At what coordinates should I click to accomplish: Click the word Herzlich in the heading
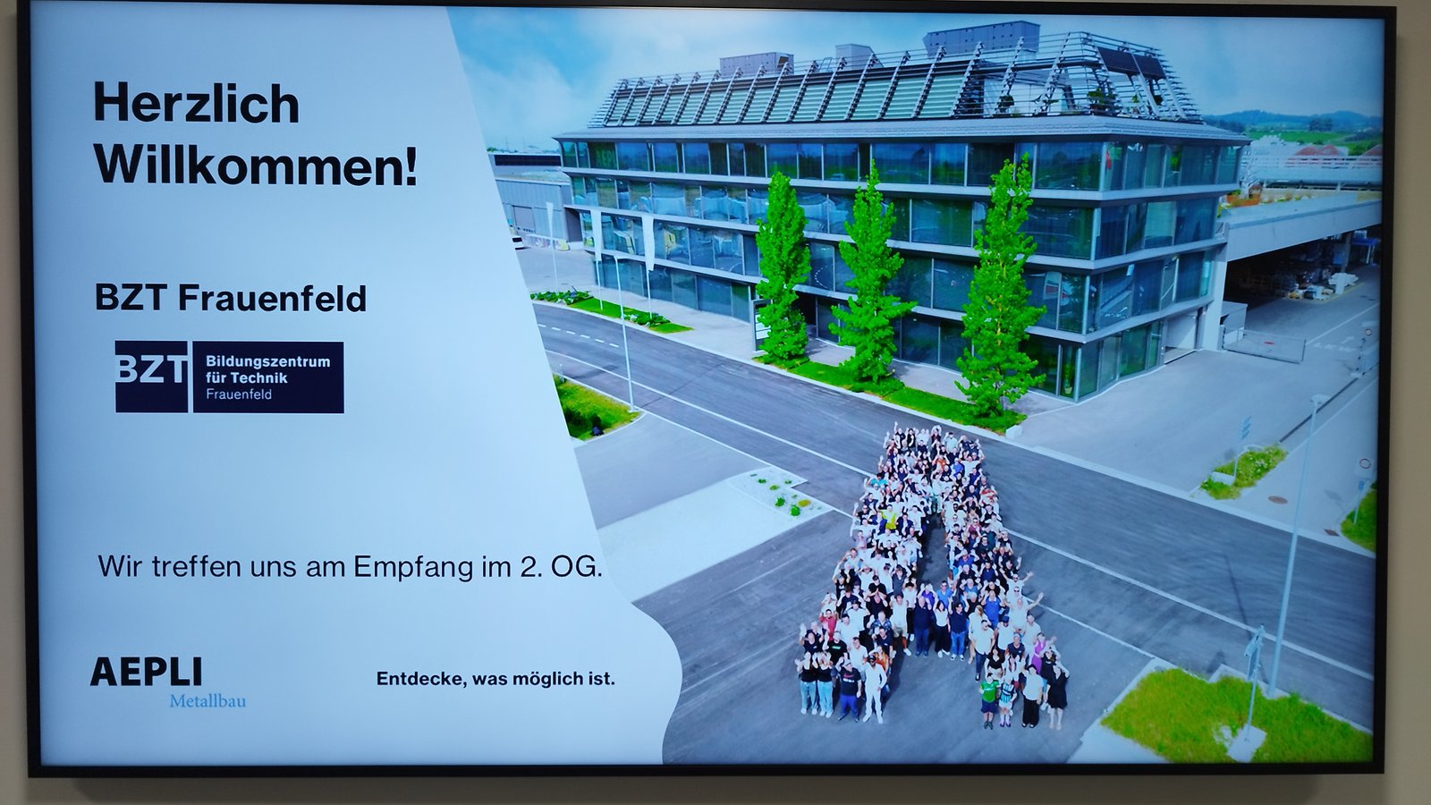[x=196, y=103]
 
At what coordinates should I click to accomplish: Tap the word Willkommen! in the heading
[x=256, y=166]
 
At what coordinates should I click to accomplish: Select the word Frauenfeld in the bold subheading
[x=272, y=299]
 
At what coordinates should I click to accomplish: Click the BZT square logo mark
[x=151, y=377]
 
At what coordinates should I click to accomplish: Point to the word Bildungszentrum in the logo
[x=267, y=361]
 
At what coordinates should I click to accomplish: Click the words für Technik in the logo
[x=247, y=377]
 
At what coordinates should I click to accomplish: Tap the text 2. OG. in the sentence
[x=561, y=567]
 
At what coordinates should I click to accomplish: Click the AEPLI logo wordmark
[x=147, y=672]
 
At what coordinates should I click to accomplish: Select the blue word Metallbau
[x=207, y=701]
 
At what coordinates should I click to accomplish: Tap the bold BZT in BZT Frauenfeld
[x=131, y=299]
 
